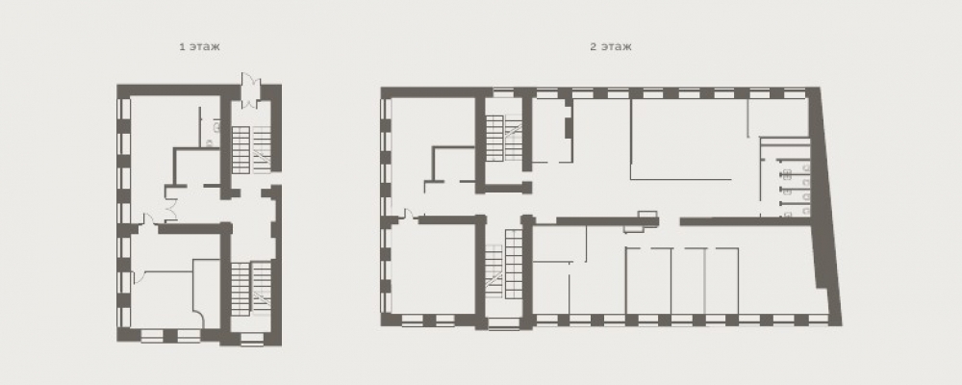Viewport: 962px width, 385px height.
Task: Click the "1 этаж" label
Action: coord(199,46)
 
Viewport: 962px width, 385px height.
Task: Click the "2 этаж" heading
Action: coord(611,46)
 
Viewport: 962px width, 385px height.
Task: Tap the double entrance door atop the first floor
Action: coord(250,90)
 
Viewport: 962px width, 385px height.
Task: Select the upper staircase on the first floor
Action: coord(251,149)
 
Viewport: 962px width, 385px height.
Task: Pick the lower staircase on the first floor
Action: coord(251,288)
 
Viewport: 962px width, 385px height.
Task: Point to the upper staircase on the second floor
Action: coord(504,139)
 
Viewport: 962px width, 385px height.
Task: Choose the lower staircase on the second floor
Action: coord(503,264)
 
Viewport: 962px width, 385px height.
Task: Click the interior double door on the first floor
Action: coord(170,203)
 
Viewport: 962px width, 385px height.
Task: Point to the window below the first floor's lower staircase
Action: coord(251,337)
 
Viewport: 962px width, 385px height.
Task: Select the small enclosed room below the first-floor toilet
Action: coord(197,167)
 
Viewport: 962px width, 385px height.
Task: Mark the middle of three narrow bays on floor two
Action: coord(689,281)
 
